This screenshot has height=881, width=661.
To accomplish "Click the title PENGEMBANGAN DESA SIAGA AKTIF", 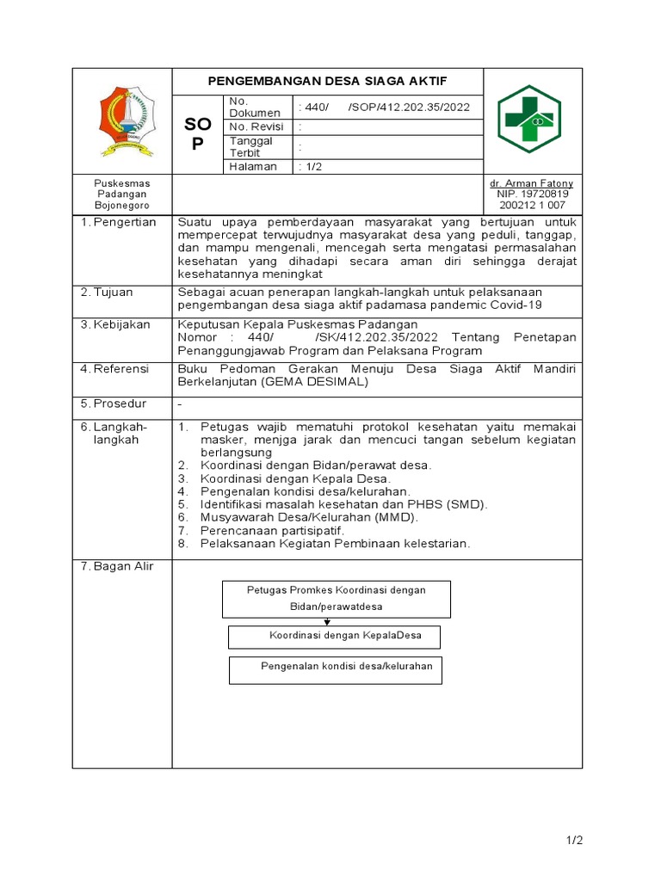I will (x=328, y=81).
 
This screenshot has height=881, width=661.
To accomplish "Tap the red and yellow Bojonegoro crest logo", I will (x=122, y=121).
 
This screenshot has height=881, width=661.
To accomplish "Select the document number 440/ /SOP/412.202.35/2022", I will (x=385, y=107).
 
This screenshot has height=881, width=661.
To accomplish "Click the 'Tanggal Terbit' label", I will (x=250, y=146).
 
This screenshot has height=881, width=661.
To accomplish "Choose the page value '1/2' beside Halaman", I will (x=310, y=166).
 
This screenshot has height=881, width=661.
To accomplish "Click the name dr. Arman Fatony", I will (x=531, y=183).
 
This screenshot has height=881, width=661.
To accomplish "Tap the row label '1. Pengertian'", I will (x=119, y=222).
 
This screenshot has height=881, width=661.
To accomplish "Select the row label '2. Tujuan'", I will (x=108, y=293).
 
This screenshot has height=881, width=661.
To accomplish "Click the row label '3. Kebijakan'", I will (x=115, y=324).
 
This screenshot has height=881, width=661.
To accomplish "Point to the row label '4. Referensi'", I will (x=115, y=368).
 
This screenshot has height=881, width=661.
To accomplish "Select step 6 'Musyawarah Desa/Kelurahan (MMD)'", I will (x=309, y=517).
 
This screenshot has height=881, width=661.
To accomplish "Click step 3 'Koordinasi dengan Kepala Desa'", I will (x=295, y=478).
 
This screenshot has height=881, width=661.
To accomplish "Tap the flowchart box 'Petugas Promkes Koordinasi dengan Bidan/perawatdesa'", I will (x=337, y=598).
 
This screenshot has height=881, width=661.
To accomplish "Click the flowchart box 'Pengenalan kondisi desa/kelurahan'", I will (x=336, y=669).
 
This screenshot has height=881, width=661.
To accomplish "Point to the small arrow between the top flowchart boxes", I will (x=327, y=621).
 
